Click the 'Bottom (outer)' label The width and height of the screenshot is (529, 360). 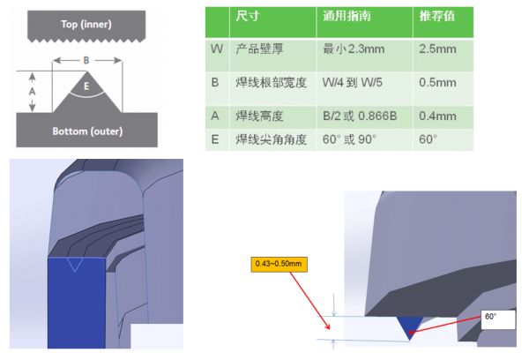(x=85, y=131)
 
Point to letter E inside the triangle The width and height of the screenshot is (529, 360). (x=86, y=86)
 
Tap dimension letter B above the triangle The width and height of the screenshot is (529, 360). (x=85, y=61)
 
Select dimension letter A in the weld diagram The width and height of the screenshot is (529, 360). (x=33, y=91)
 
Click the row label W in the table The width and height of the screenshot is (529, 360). (x=216, y=49)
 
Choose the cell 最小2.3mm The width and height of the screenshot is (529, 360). (x=354, y=49)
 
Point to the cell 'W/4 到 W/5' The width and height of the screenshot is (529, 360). (x=356, y=81)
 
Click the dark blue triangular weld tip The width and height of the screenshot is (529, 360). (x=407, y=327)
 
